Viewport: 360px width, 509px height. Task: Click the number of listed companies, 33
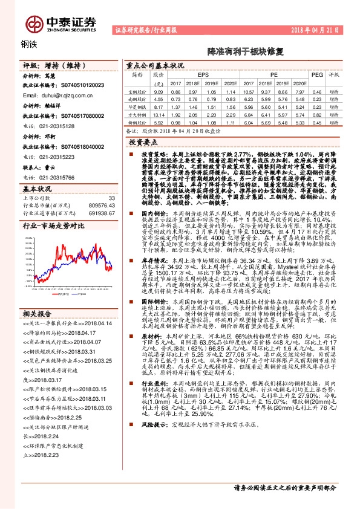click(x=111, y=198)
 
